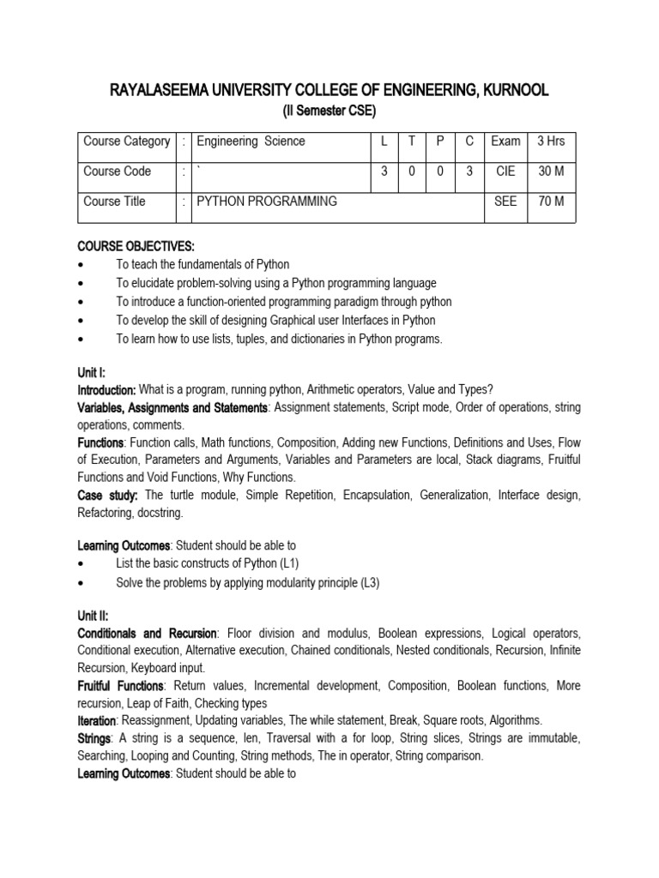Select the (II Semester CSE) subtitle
[329, 111]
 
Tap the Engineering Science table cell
[251, 141]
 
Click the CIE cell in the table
[505, 171]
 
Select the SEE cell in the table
[505, 201]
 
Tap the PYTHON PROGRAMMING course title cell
[267, 201]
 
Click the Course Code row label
[117, 171]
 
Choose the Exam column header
[505, 141]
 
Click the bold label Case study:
[108, 496]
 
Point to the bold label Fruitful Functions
[121, 686]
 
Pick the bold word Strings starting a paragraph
[94, 738]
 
